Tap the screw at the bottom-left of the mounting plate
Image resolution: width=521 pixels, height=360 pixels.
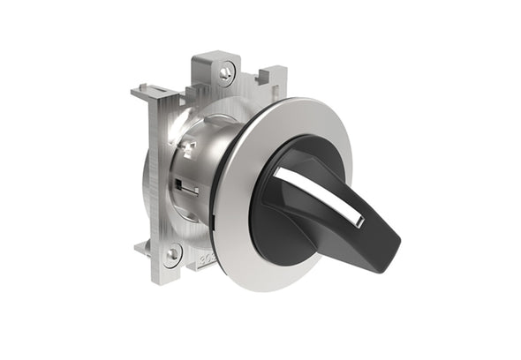pyautogui.click(x=172, y=253)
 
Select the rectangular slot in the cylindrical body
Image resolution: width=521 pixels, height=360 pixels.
pyautogui.click(x=181, y=186)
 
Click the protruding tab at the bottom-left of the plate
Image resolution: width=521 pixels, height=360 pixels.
pyautogui.click(x=141, y=249)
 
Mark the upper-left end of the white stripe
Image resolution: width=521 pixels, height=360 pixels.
pyautogui.click(x=279, y=172)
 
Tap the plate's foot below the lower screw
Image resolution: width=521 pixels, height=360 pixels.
pyautogui.click(x=177, y=272)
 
